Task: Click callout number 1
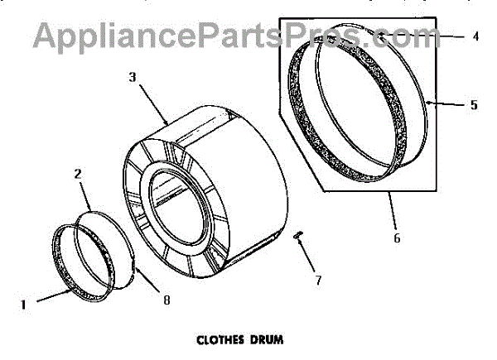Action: (x=23, y=304)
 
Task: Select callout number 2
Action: (x=77, y=175)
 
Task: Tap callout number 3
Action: (x=133, y=77)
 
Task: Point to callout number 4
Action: (x=476, y=36)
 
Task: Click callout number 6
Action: (x=397, y=238)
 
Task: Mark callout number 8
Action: (x=166, y=300)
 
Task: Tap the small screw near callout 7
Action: (x=300, y=239)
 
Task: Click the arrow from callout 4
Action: (x=443, y=37)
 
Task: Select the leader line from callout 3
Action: (x=153, y=103)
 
